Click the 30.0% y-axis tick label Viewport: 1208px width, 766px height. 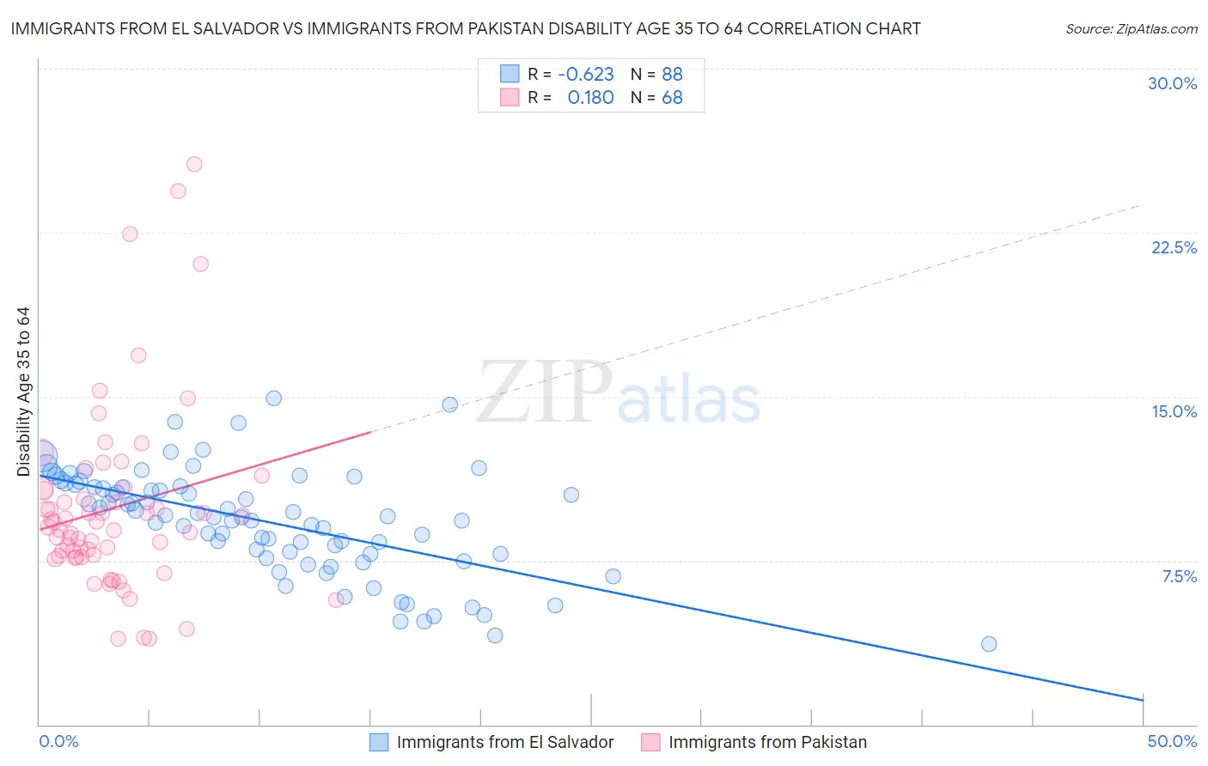coord(1172,83)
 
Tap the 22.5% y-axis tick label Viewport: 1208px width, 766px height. coord(1174,247)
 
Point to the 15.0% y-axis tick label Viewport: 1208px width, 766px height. coord(1174,411)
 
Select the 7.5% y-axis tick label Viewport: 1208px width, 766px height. coord(1179,576)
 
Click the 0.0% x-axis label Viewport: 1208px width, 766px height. coord(59,741)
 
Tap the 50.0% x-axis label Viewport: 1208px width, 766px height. coord(1172,741)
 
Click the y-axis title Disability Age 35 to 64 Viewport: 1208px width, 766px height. coord(23,392)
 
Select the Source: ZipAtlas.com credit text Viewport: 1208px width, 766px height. coord(1131,28)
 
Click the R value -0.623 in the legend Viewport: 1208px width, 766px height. coord(585,74)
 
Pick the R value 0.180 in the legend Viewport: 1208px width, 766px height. coord(590,98)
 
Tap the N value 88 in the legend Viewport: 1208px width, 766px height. coord(672,74)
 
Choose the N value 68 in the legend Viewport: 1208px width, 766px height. coord(672,98)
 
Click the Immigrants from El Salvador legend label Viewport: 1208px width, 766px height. coord(505,742)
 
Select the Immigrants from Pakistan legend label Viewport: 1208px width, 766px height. coord(767,742)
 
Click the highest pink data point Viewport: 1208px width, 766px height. coord(194,164)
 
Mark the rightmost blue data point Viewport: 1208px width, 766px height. coord(989,644)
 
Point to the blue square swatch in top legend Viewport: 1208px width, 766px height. coord(509,74)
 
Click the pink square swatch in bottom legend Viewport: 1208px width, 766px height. coord(650,742)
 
